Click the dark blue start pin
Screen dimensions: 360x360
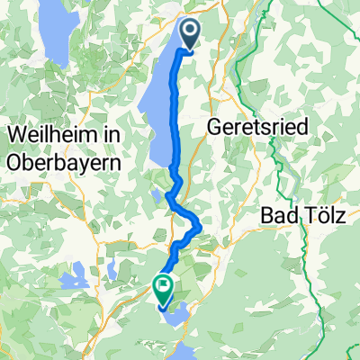pos(192,34)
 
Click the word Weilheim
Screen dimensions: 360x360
pos(51,133)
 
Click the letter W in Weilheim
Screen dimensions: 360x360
pos(15,133)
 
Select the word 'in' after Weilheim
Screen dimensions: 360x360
pos(111,133)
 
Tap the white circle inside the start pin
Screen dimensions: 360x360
pos(192,31)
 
